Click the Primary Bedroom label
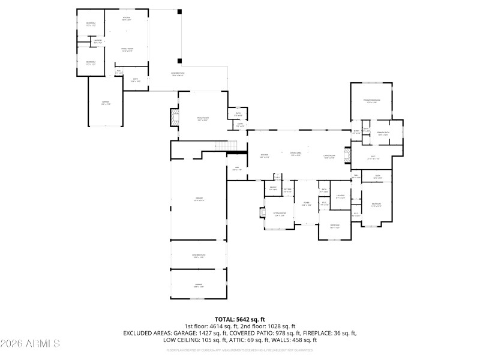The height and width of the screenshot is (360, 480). tap(371, 100)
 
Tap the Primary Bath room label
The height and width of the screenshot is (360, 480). tap(383, 133)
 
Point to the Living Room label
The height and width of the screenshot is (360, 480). tap(329, 155)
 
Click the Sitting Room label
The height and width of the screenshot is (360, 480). tap(280, 214)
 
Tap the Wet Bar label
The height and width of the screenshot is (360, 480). tap(287, 190)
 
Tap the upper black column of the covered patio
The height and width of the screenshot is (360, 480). tap(179, 11)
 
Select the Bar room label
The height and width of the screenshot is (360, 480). tap(237, 168)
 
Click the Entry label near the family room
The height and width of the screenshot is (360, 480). tap(239, 125)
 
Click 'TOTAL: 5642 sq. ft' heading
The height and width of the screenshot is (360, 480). tap(240, 319)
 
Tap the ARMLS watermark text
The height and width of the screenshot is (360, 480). tap(30, 344)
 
